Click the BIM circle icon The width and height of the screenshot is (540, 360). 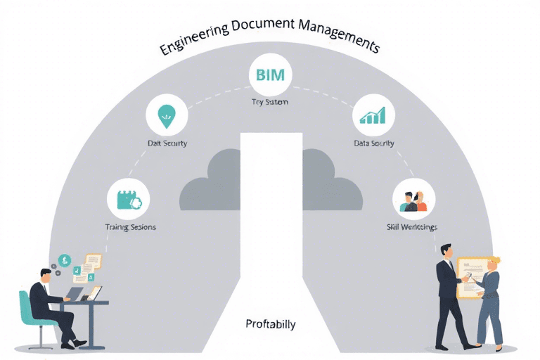(x=270, y=75)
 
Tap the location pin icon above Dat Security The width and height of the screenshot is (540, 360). (x=167, y=117)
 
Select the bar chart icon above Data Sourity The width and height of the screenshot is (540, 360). (x=373, y=116)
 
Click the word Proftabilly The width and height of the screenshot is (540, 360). (x=271, y=324)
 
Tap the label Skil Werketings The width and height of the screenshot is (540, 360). (x=412, y=227)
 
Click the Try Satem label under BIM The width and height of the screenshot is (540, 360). (x=270, y=102)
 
